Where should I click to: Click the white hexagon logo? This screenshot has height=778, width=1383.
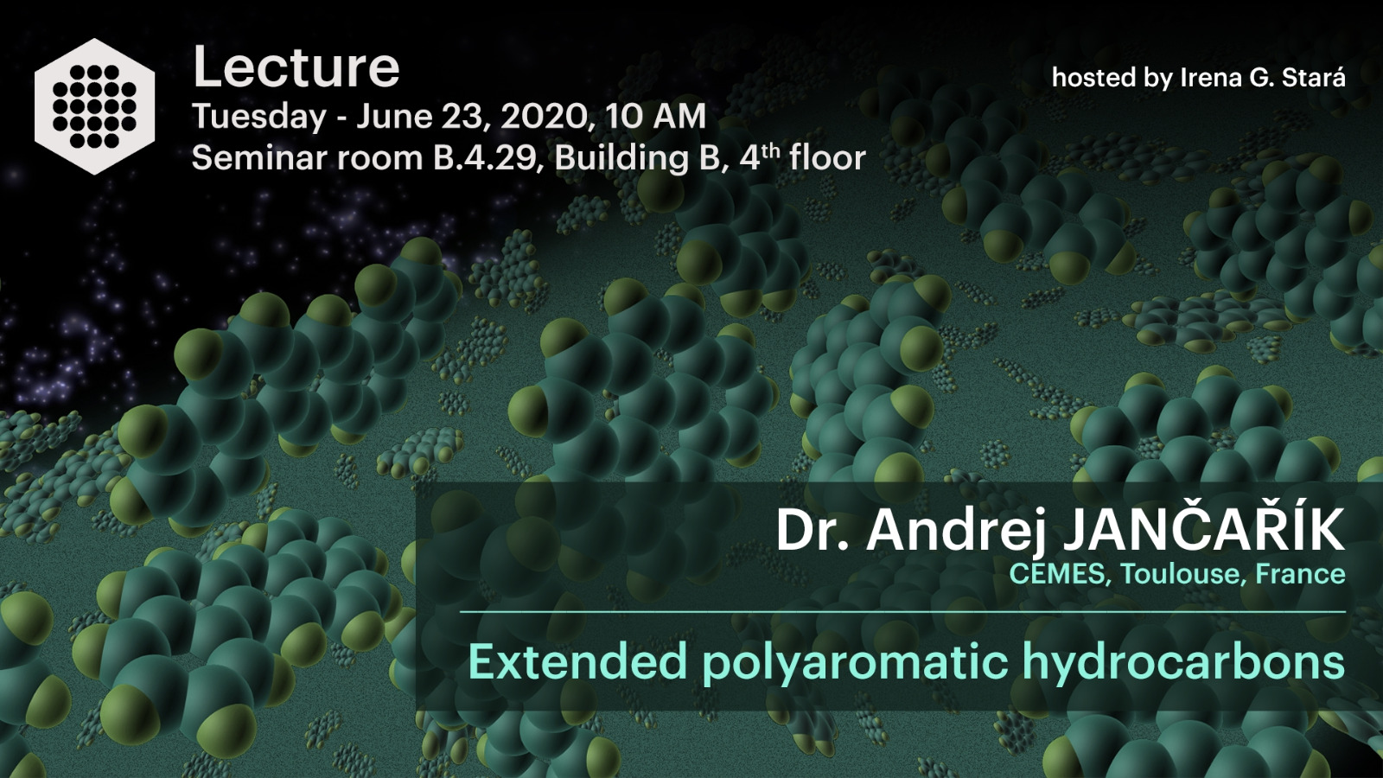[94, 106]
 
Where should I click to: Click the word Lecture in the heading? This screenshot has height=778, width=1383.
[296, 67]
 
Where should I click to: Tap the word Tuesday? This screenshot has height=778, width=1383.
[259, 117]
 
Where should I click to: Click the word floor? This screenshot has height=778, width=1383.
[827, 157]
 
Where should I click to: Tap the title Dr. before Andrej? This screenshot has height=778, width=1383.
[813, 531]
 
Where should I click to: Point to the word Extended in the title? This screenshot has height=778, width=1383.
[578, 661]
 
